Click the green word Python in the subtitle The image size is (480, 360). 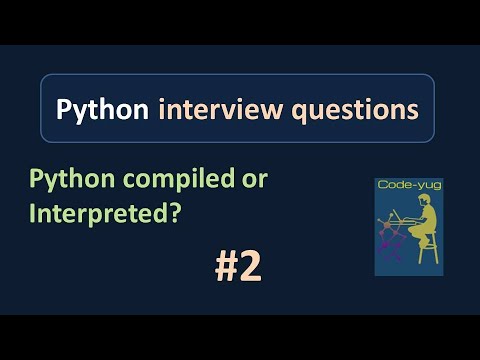point(62,179)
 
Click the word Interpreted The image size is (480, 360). point(96,213)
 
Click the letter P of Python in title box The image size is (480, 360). point(64,109)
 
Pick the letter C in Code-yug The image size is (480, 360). point(382,185)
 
